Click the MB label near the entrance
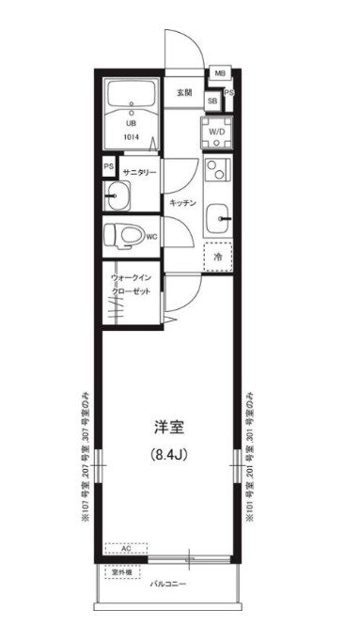click(220, 73)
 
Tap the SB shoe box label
click(212, 99)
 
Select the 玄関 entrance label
click(183, 92)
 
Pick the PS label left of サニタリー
click(109, 167)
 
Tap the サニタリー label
click(137, 173)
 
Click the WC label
click(150, 237)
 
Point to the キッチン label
click(181, 202)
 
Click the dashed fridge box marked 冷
click(218, 256)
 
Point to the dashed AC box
click(126, 548)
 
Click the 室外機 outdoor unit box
click(121, 571)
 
